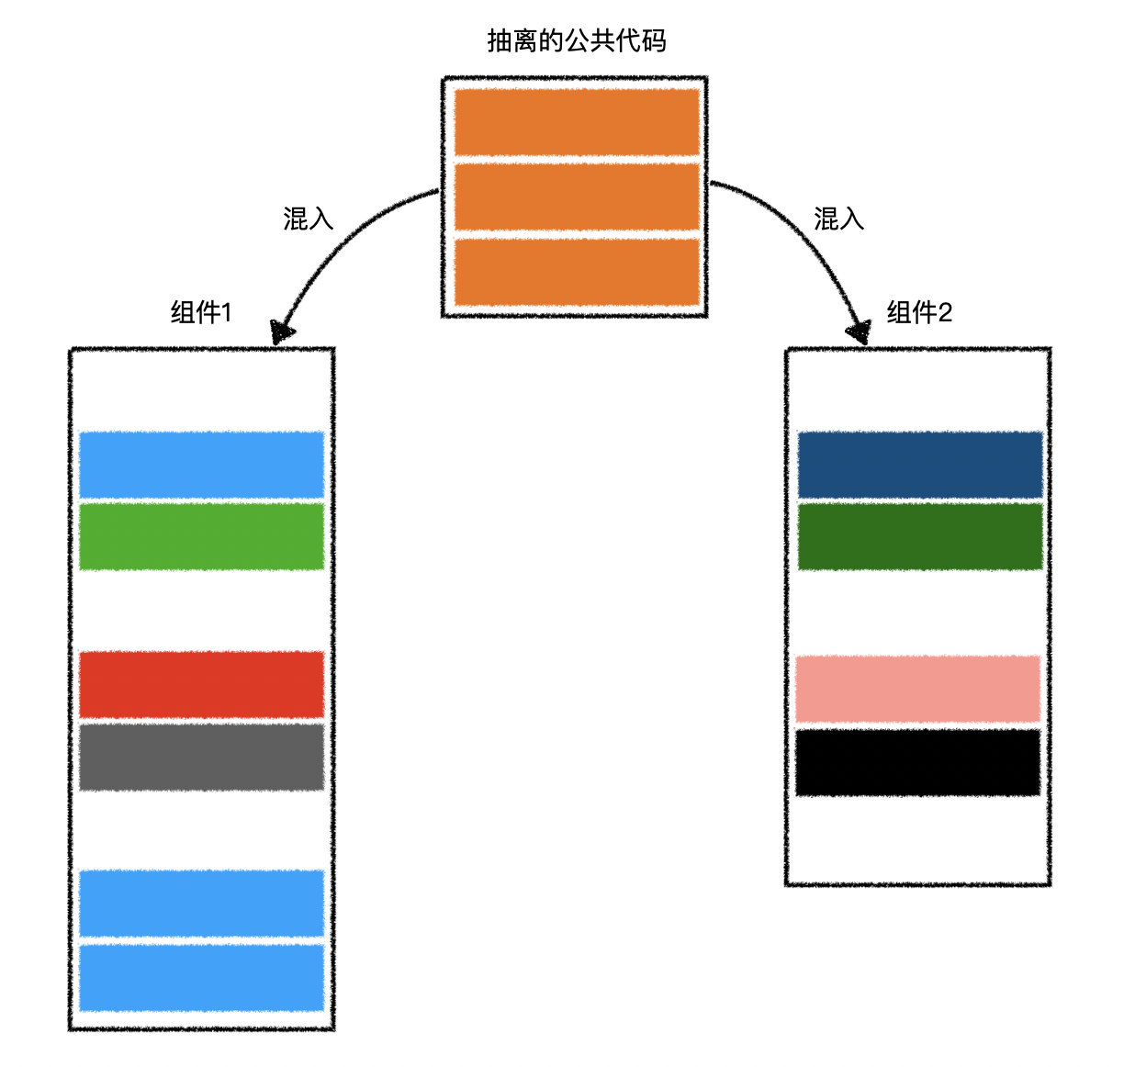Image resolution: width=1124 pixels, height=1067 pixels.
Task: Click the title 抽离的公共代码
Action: pos(576,41)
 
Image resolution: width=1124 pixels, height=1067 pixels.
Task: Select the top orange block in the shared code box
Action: pos(577,122)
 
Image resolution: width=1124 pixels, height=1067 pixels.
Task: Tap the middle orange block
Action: pos(577,197)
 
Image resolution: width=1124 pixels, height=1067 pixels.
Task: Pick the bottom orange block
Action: pos(577,272)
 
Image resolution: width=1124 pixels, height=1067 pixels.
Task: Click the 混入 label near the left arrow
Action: pos(309,219)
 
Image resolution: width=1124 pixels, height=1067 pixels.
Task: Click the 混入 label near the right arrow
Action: pos(838,219)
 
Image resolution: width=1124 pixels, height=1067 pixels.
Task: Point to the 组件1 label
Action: pos(201,313)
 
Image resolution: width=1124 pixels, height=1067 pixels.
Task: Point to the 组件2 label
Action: pos(919,313)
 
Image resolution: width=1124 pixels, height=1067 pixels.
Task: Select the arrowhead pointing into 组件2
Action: pos(860,331)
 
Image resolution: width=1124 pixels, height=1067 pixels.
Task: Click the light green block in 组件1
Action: pos(202,536)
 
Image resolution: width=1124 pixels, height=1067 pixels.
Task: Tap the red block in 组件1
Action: pos(202,684)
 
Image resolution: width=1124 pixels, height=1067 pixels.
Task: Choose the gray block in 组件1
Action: pos(202,758)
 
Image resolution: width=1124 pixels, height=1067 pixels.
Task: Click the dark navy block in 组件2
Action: pos(920,465)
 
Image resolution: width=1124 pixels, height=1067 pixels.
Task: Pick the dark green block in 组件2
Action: pos(920,536)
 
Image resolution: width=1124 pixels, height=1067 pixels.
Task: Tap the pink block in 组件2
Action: pos(917,690)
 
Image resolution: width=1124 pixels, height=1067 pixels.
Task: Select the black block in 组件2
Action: pos(917,762)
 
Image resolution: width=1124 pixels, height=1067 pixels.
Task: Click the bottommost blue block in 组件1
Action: pos(202,978)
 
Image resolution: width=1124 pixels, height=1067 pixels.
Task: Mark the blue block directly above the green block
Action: pos(202,465)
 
